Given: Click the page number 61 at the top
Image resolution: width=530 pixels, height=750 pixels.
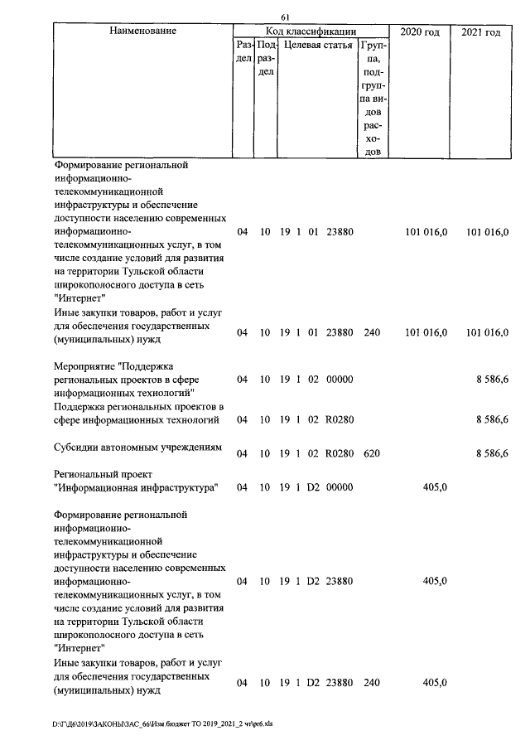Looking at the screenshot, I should click(x=285, y=17).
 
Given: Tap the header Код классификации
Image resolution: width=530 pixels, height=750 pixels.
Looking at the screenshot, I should click(x=311, y=31).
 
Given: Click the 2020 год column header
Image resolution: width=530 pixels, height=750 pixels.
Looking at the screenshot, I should click(x=420, y=31).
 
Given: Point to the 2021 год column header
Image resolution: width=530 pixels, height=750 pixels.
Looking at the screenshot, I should click(x=480, y=31).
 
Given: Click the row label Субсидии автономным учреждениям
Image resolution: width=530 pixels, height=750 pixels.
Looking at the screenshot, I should click(x=138, y=448).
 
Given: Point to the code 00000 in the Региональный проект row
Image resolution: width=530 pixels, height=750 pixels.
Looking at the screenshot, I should click(x=340, y=487).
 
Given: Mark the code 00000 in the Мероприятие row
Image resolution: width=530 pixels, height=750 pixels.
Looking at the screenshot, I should click(x=340, y=380).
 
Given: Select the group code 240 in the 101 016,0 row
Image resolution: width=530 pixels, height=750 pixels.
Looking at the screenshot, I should click(x=372, y=332).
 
